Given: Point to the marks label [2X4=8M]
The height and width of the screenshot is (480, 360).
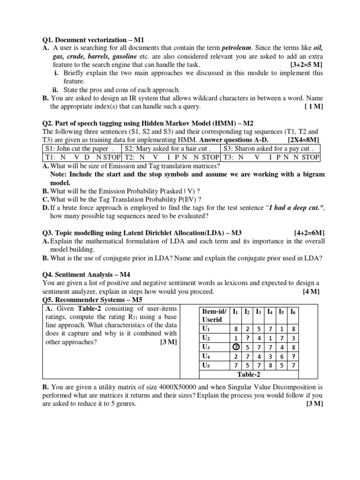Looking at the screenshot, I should pyautogui.click(x=303, y=140).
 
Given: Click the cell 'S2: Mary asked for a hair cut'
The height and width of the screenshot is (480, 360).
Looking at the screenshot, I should pyautogui.click(x=171, y=149).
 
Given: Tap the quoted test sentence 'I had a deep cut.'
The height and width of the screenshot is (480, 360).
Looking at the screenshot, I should pyautogui.click(x=290, y=208).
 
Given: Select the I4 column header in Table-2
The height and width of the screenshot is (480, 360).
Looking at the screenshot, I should pyautogui.click(x=270, y=312).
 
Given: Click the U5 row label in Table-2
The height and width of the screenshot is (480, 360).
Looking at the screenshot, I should pyautogui.click(x=205, y=365).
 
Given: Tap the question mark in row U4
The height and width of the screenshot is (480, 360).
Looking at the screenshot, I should pyautogui.click(x=293, y=356).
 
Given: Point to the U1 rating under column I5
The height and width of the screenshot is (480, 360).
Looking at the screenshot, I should pyautogui.click(x=281, y=329).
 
